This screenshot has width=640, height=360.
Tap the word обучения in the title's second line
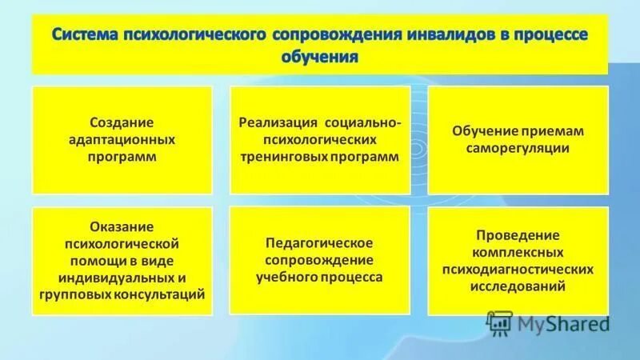point(319,58)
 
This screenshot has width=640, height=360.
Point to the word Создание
point(122,122)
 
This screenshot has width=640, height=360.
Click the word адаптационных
point(122,139)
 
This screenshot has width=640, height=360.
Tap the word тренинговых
point(283,157)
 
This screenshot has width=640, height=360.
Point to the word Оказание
point(122,226)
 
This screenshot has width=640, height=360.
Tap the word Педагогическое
point(319,242)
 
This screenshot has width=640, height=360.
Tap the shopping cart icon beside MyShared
point(498,323)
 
